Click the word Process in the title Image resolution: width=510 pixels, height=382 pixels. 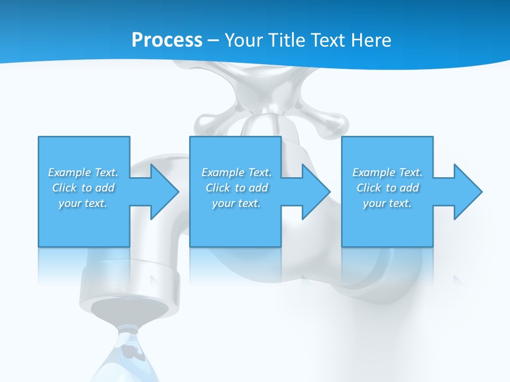coord(167,40)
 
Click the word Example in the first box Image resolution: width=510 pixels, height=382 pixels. coord(69,172)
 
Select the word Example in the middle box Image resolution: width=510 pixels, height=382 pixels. coord(223,172)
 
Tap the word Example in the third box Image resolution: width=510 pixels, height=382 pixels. coord(373,172)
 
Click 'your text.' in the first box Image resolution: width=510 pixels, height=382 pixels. coord(83,203)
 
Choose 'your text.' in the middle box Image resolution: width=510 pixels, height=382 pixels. coord(236,203)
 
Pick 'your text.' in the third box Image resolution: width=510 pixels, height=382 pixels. coord(387,203)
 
